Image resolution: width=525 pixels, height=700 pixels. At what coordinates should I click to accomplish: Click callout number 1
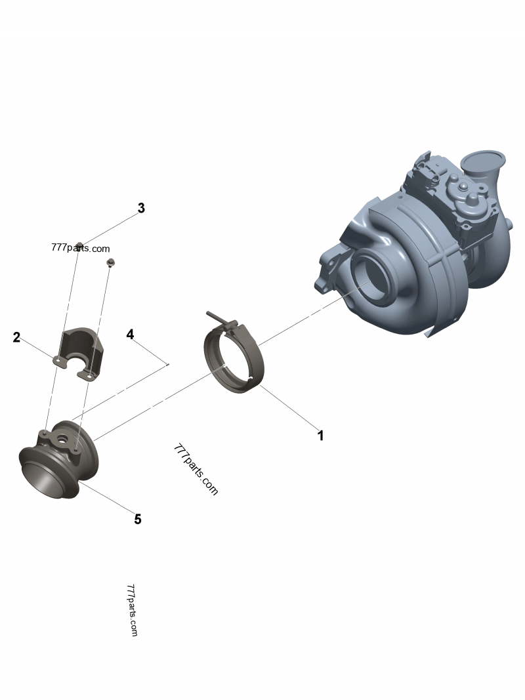click(x=320, y=435)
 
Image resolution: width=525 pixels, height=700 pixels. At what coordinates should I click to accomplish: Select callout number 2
click(x=16, y=338)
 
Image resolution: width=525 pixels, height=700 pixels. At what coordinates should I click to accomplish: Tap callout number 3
click(x=140, y=209)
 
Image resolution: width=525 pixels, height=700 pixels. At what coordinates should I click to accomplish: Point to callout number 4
click(x=130, y=335)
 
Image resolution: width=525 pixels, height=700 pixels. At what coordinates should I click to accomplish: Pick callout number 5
click(x=138, y=519)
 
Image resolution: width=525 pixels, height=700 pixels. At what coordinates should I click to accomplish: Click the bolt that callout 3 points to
click(x=79, y=246)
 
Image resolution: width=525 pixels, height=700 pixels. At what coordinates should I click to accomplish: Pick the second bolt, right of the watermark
click(x=110, y=263)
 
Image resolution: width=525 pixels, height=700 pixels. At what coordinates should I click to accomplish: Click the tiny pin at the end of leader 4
click(x=169, y=364)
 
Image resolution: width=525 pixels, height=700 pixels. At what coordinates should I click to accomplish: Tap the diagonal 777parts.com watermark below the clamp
click(x=196, y=469)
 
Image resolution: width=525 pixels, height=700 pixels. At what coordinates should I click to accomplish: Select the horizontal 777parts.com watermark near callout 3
click(x=80, y=249)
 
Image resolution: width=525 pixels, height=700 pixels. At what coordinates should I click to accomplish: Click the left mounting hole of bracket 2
click(x=58, y=359)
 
